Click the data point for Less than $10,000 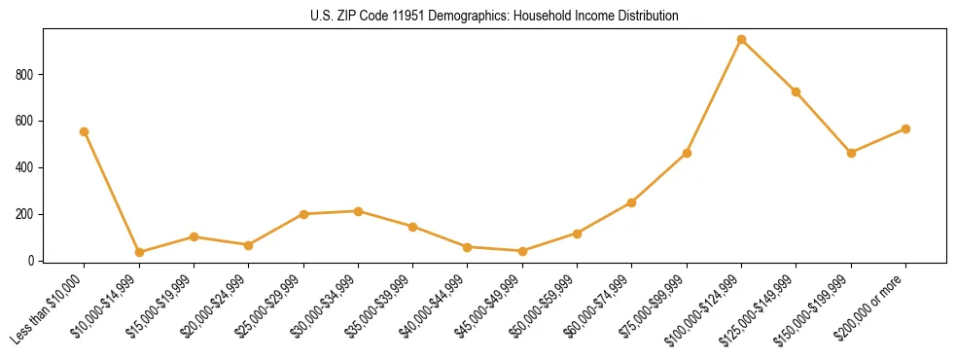(85, 131)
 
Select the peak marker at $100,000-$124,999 (742, 40)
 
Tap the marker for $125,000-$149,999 (797, 92)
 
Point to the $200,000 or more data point (905, 128)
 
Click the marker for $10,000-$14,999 (139, 252)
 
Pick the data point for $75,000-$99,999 (687, 153)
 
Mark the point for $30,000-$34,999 (359, 211)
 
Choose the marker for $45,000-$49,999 (522, 251)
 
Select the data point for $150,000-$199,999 (851, 153)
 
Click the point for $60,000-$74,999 (632, 202)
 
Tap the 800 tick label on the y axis (26, 75)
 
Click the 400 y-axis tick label (26, 167)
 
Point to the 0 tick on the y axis (32, 261)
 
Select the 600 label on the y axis (26, 122)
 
